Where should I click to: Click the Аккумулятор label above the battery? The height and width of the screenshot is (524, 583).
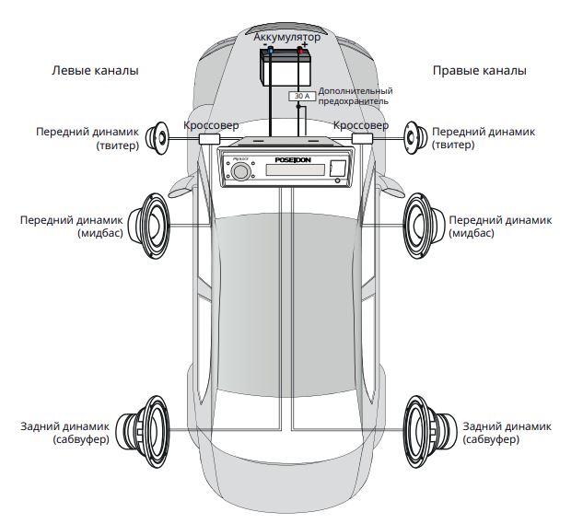coord(287,37)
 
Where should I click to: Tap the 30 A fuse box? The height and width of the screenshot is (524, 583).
coord(301,95)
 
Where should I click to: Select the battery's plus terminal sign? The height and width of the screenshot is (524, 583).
coord(304,46)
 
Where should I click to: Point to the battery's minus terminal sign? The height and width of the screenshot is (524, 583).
coord(266,46)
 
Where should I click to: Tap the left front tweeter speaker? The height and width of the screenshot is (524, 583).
coord(158,138)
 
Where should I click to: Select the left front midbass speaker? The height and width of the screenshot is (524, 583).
coord(151,226)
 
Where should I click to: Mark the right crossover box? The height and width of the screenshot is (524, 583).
coord(361,139)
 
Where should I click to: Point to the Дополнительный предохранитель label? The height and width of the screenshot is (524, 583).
coord(356,96)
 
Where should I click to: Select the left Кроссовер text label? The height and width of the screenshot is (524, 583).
coord(211,124)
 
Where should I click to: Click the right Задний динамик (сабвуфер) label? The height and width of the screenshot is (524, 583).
coord(506,433)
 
